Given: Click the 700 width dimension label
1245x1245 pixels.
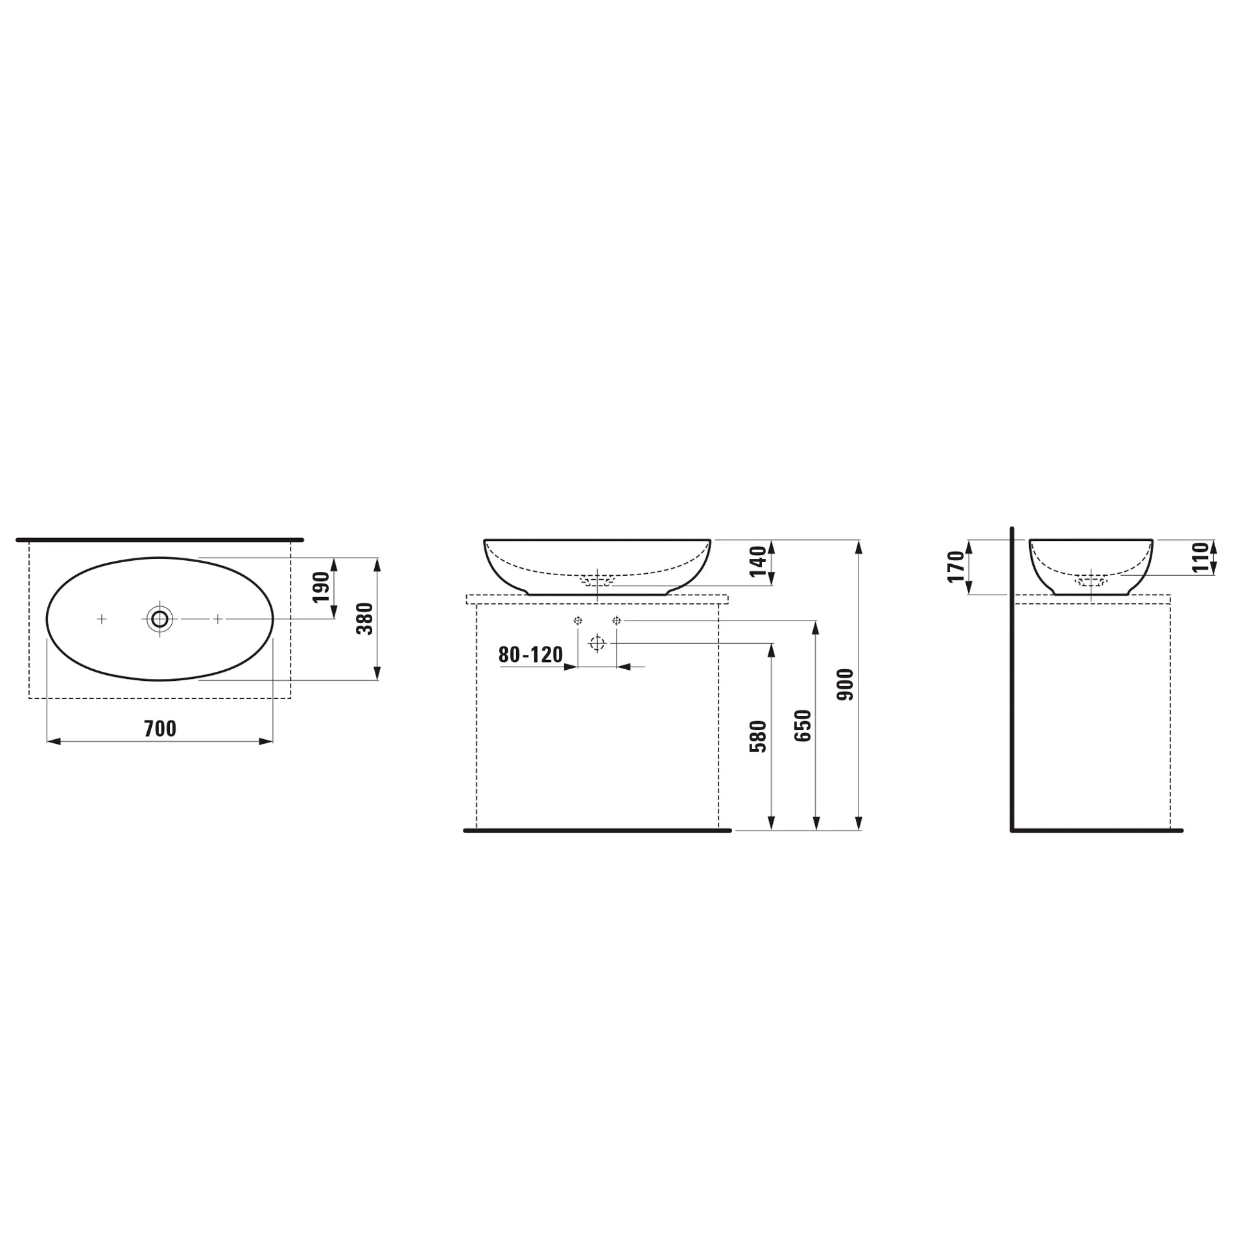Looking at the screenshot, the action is click(x=160, y=729).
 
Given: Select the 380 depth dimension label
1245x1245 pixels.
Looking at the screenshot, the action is click(x=366, y=619).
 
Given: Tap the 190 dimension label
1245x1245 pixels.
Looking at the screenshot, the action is click(x=322, y=587).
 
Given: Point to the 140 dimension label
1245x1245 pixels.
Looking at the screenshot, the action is click(x=758, y=562).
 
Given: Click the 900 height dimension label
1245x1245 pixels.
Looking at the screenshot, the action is click(x=846, y=685).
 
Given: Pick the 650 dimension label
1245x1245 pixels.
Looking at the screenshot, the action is click(x=803, y=726).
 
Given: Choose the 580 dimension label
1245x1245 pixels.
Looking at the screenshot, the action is click(x=758, y=737).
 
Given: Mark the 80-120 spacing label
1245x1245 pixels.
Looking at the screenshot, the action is click(x=530, y=655).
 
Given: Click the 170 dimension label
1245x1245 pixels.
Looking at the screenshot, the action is click(x=956, y=567).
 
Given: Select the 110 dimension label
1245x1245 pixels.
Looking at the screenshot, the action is click(x=1201, y=558).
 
